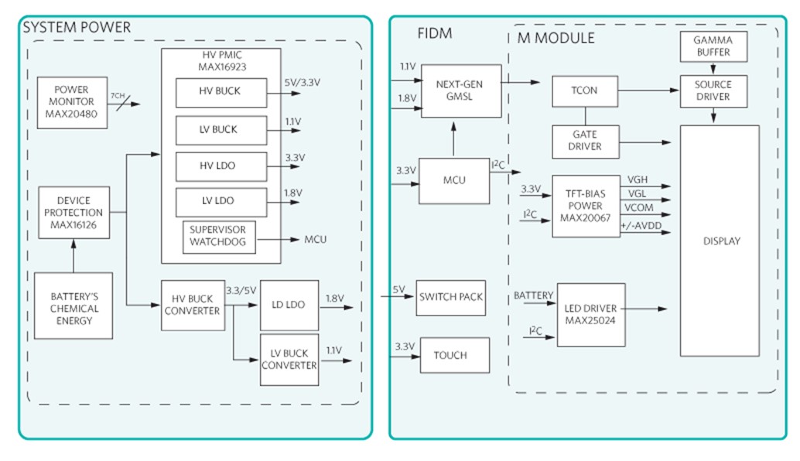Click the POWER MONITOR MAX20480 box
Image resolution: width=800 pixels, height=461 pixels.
pos(71,102)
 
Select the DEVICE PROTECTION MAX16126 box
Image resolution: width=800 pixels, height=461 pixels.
pos(74,213)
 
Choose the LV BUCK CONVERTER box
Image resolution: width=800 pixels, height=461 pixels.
pos(289,360)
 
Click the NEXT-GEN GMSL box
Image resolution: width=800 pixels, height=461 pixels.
pos(460,92)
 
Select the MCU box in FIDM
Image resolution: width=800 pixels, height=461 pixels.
pos(454,180)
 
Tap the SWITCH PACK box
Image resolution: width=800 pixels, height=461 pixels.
pos(451,297)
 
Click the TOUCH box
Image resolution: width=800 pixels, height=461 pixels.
pos(451,356)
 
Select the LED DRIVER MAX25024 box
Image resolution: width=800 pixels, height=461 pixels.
pos(592,315)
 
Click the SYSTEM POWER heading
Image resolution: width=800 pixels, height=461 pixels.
pos(77,28)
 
